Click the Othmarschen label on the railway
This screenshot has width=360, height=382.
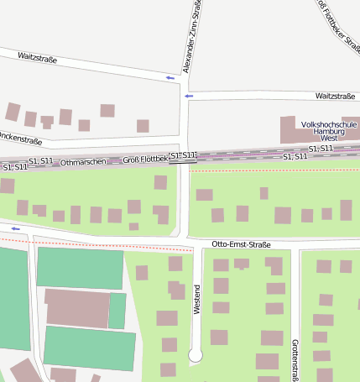tap(83, 161)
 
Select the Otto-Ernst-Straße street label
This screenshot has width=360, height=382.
tap(242, 244)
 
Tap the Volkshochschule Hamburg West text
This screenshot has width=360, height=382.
tap(329, 131)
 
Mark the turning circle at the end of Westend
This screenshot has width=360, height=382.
tap(196, 356)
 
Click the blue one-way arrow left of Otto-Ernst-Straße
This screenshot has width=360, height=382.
tap(15, 228)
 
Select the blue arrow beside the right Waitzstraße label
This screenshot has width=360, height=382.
tap(189, 96)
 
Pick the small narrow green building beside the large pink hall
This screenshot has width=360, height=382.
tap(117, 310)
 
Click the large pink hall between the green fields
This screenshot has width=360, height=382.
tap(77, 307)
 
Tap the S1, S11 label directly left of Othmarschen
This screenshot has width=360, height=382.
tap(40, 160)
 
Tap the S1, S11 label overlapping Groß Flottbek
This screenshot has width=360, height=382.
tap(183, 155)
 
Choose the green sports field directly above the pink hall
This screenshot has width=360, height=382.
tap(81, 268)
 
